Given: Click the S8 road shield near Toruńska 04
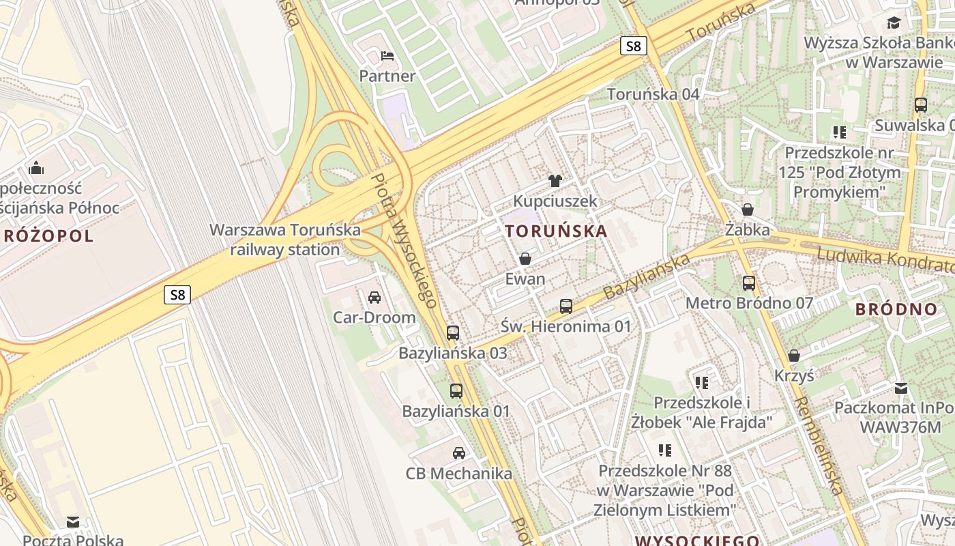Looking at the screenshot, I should pos(634,46).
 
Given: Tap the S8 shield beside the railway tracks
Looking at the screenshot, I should pos(177,295).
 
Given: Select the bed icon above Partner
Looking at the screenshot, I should pos(387,55).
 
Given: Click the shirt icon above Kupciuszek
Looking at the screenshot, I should pos(555,181).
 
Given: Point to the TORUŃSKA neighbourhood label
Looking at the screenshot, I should pos(557,231).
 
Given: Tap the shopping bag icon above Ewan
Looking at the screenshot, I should pos(525,259).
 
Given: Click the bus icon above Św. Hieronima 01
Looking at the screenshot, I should pos(566,306).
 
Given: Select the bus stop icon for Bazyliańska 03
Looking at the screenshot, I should pos(453,333).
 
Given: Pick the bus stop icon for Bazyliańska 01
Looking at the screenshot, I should pos(456,391).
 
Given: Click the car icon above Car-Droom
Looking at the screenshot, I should pos(374,297).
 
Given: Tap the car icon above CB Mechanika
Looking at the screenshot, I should pos(459,452).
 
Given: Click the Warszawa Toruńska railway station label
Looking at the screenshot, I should pos(285,240).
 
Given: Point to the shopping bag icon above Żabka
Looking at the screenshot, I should pos(748,210).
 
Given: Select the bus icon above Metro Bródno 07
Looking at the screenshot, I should pos(749,283).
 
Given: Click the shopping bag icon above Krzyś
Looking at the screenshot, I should pos(794,356).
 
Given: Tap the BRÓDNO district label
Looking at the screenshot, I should pos(896,309).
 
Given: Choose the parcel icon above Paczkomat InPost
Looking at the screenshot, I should pos(901,388).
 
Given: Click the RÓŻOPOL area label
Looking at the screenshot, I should pos(48,237).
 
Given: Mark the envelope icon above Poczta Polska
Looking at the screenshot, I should pos(73,522).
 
